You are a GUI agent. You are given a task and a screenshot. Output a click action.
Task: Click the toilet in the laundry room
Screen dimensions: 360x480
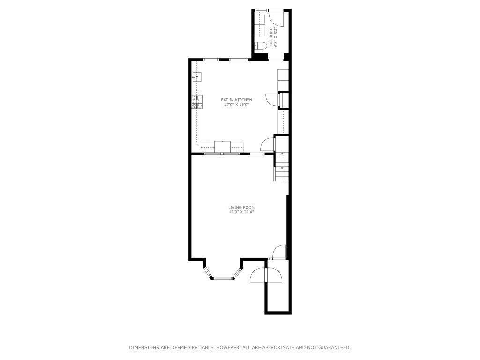pyautogui.click(x=261, y=45)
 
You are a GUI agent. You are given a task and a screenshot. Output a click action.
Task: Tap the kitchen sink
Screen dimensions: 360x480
pyautogui.click(x=196, y=76)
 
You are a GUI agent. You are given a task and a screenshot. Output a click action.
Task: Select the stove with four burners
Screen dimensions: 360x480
pyautogui.click(x=197, y=102)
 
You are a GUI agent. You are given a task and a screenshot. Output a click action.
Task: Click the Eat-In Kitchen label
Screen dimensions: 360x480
pyautogui.click(x=236, y=100)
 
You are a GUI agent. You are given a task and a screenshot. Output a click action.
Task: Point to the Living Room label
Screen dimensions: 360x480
pyautogui.click(x=241, y=207)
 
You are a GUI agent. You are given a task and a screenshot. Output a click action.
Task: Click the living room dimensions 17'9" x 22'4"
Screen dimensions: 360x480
pyautogui.click(x=241, y=212)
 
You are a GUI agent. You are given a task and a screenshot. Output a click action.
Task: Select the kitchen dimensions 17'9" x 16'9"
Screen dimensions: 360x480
pyautogui.click(x=236, y=105)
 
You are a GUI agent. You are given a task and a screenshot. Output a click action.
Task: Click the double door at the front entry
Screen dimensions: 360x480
pyautogui.click(x=266, y=276)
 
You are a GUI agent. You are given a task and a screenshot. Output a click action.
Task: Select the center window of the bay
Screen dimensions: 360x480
pyautogui.click(x=224, y=278)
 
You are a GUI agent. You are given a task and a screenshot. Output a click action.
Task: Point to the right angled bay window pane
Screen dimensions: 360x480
pyautogui.click(x=239, y=272)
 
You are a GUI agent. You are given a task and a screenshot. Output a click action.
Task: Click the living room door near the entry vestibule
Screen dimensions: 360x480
pyautogui.click(x=279, y=252)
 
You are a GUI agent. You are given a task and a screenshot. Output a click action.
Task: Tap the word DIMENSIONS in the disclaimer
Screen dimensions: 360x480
pyautogui.click(x=145, y=348)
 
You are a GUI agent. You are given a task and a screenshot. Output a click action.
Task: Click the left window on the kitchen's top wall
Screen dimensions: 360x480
pyautogui.click(x=211, y=60)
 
